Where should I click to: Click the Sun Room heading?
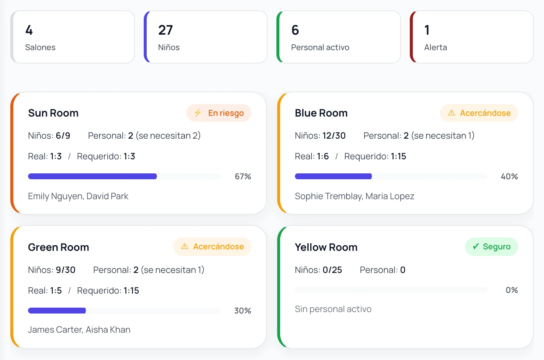click(53, 113)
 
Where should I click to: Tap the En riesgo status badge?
click(219, 113)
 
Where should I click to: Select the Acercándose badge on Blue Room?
click(479, 113)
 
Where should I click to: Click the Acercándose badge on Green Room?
click(212, 247)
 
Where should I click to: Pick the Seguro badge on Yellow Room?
click(492, 247)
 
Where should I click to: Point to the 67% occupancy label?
click(243, 176)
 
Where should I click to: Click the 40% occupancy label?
click(509, 176)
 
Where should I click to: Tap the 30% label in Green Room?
click(243, 311)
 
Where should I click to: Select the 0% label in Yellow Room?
click(512, 290)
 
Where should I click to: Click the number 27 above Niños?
click(165, 30)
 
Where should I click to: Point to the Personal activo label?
click(320, 47)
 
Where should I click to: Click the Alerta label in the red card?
click(435, 47)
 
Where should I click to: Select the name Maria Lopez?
click(390, 196)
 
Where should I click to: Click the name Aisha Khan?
click(108, 330)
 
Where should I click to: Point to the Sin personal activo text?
click(333, 309)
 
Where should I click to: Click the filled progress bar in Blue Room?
click(333, 176)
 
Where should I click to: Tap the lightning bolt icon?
click(198, 113)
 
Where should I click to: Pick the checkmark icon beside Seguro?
click(475, 247)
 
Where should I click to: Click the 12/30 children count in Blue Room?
click(334, 136)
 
